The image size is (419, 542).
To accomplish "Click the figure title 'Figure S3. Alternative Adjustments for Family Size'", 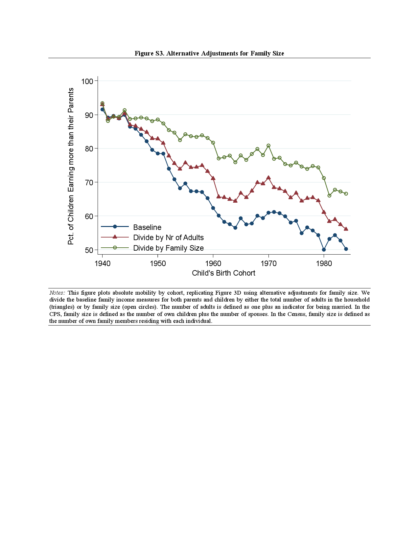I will click(209, 53).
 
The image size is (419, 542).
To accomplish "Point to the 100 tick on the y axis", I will click(87, 81).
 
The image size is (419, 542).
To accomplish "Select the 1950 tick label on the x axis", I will click(158, 263).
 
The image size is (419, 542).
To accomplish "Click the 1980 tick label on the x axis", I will click(324, 263).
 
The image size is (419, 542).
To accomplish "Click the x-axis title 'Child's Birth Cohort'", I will click(223, 273).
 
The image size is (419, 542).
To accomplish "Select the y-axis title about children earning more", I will click(71, 166).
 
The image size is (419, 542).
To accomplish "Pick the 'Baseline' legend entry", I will click(147, 227).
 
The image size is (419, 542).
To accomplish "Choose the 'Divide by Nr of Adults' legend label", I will click(168, 237).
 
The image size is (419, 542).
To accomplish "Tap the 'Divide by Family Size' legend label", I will click(168, 248).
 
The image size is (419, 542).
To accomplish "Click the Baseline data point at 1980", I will click(324, 250).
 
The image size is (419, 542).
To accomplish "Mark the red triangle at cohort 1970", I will click(268, 178).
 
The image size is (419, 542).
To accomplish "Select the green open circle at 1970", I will click(268, 146).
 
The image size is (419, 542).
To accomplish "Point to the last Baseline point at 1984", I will click(346, 249).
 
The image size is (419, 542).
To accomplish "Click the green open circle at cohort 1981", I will click(329, 195).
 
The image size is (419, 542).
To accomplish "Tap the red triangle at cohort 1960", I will click(213, 178).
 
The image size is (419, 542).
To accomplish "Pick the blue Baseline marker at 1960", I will click(213, 208).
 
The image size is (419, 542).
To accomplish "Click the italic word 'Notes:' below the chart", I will click(57, 293).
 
